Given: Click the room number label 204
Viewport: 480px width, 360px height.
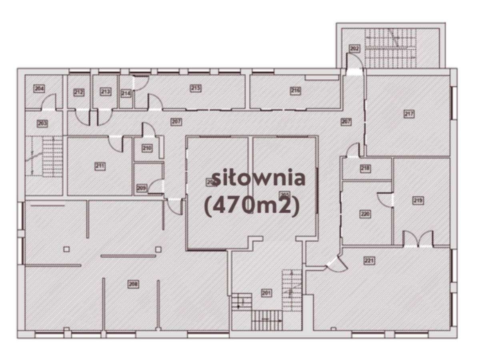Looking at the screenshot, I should pyautogui.click(x=39, y=88).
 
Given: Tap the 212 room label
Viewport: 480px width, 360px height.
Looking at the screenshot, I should pyautogui.click(x=79, y=92).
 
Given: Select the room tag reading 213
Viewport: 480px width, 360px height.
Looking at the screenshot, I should pyautogui.click(x=105, y=92).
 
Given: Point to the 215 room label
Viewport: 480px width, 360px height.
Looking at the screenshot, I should pyautogui.click(x=195, y=88).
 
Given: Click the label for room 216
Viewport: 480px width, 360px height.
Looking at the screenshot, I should pyautogui.click(x=295, y=91).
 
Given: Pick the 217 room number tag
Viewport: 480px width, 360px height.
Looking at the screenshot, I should pyautogui.click(x=409, y=114).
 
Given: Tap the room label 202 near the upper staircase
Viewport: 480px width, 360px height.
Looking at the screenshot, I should pyautogui.click(x=354, y=49).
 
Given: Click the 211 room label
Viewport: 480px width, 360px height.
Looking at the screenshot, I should pyautogui.click(x=100, y=166).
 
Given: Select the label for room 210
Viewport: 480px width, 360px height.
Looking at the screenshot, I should pyautogui.click(x=147, y=148).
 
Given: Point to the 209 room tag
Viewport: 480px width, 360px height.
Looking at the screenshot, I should pyautogui.click(x=141, y=188).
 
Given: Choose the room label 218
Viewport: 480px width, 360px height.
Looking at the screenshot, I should pyautogui.click(x=365, y=168).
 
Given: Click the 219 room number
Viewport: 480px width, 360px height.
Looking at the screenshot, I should pyautogui.click(x=418, y=200).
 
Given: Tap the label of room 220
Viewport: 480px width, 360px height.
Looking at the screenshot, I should pyautogui.click(x=365, y=214).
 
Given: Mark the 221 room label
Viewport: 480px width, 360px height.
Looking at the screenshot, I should pyautogui.click(x=369, y=261).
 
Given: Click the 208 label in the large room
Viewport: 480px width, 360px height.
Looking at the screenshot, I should pyautogui.click(x=133, y=284).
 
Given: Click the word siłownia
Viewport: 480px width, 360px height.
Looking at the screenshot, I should pyautogui.click(x=258, y=178).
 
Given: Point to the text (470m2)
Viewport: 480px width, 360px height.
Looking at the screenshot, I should pyautogui.click(x=252, y=207).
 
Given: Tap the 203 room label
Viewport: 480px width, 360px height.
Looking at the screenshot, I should pyautogui.click(x=42, y=124).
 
